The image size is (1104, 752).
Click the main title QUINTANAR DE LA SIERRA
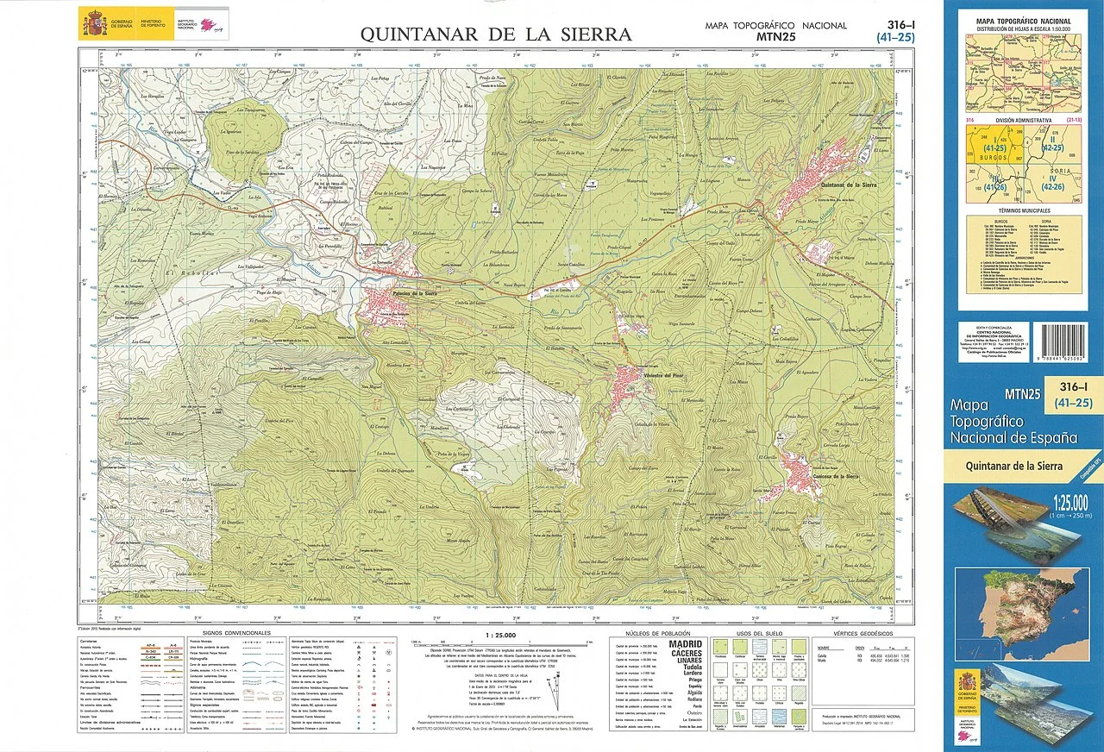[495, 34]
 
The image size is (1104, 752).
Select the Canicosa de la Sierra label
[827, 476]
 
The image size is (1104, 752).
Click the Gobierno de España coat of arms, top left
[92, 22]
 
